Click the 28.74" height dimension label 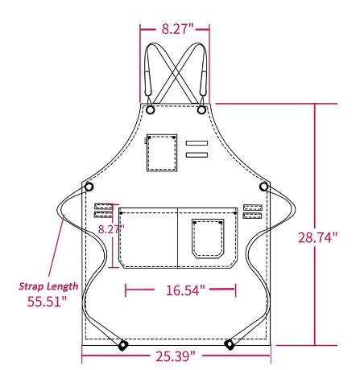pyautogui.click(x=317, y=237)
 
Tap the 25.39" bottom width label pyautogui.click(x=176, y=356)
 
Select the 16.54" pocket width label pyautogui.click(x=185, y=290)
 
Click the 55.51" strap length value pyautogui.click(x=47, y=301)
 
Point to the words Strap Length pyautogui.click(x=48, y=286)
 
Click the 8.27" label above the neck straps pyautogui.click(x=177, y=28)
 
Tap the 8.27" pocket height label pyautogui.click(x=111, y=229)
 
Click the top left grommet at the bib pyautogui.click(x=150, y=109)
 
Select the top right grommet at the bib pyautogui.click(x=201, y=109)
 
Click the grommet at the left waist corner pyautogui.click(x=89, y=187)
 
